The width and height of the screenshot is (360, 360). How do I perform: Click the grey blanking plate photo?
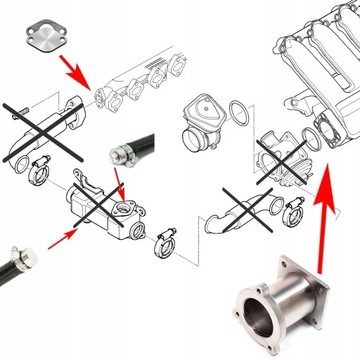coord(44,33)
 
